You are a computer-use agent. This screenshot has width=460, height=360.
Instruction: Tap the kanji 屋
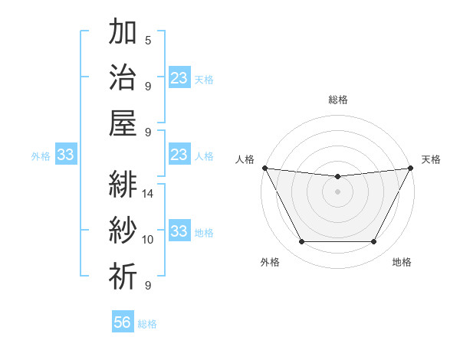pyautogui.click(x=123, y=123)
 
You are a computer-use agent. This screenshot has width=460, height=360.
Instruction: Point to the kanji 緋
pyautogui.click(x=123, y=185)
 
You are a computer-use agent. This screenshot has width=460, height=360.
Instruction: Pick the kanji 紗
pyautogui.click(x=123, y=231)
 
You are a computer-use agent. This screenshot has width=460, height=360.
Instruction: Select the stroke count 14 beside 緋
pyautogui.click(x=149, y=194)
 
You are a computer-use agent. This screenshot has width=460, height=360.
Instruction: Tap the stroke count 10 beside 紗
pyautogui.click(x=149, y=240)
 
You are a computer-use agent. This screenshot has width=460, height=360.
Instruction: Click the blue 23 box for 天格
pyautogui.click(x=179, y=78)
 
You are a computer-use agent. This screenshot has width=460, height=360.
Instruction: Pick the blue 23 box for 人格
pyautogui.click(x=179, y=155)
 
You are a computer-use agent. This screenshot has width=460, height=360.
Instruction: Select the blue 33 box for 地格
pyautogui.click(x=179, y=232)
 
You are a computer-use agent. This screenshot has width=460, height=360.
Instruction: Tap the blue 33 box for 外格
pyautogui.click(x=65, y=155)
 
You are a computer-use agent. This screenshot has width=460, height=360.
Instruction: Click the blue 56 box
pyautogui.click(x=123, y=322)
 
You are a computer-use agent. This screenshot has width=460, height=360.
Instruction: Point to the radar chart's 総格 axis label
pyautogui.click(x=337, y=100)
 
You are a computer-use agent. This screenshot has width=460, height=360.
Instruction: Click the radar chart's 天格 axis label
pyautogui.click(x=431, y=159)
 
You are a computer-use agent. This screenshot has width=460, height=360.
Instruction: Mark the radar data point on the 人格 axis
pyautogui.click(x=264, y=168)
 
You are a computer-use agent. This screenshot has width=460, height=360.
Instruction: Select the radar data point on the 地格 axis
pyautogui.click(x=374, y=242)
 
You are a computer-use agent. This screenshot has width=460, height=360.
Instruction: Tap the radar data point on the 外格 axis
pyautogui.click(x=301, y=242)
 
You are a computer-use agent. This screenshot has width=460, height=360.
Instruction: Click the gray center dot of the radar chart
pyautogui.click(x=337, y=191)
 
